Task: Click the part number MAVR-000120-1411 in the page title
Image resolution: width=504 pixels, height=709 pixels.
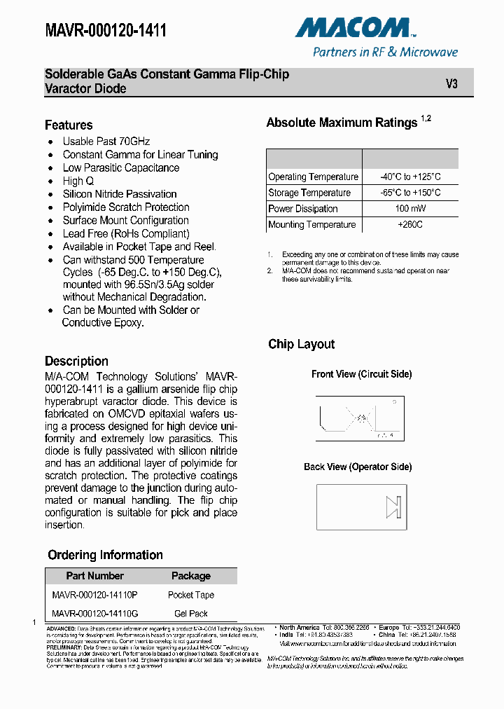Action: (x=106, y=29)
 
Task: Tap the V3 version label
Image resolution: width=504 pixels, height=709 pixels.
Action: (x=451, y=83)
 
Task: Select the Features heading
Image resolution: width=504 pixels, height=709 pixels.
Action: (x=69, y=125)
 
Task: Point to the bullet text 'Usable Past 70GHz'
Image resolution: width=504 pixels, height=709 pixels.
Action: (x=106, y=142)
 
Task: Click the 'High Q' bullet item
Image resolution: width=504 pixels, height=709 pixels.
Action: (x=78, y=181)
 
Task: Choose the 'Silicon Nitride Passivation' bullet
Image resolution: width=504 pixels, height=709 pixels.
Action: (x=120, y=194)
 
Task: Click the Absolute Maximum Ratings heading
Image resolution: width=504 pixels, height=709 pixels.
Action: (x=342, y=123)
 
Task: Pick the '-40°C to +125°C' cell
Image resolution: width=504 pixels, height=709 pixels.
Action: (x=410, y=177)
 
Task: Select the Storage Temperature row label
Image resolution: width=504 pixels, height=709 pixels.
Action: (x=309, y=193)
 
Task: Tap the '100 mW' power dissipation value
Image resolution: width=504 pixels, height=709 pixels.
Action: (x=410, y=209)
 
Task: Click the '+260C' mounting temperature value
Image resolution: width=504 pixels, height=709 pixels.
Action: (x=410, y=225)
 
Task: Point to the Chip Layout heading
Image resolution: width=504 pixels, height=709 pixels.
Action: (x=301, y=345)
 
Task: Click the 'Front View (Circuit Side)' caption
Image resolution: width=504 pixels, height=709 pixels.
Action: (x=361, y=374)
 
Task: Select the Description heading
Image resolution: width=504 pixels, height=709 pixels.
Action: (x=76, y=362)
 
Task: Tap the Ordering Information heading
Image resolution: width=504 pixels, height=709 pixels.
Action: (x=105, y=555)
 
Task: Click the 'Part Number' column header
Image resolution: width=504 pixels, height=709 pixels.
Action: (x=94, y=576)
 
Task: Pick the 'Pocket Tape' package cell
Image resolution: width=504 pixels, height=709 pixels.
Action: (x=191, y=595)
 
